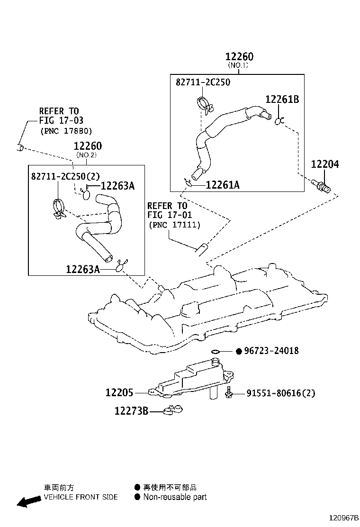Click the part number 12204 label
tap(325, 164)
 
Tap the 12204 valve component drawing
tap(321, 185)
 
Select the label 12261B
tap(282, 99)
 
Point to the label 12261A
tap(223, 185)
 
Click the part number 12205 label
tap(119, 392)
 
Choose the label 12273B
tap(131, 411)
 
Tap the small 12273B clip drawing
tap(172, 410)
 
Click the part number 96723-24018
tap(271, 351)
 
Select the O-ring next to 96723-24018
tap(215, 352)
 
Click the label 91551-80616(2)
tap(281, 393)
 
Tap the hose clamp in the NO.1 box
tap(205, 104)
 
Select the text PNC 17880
tap(66, 131)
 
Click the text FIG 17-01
tap(169, 215)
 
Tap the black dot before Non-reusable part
tap(137, 497)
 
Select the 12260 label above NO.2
tap(88, 146)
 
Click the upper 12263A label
tap(117, 185)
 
